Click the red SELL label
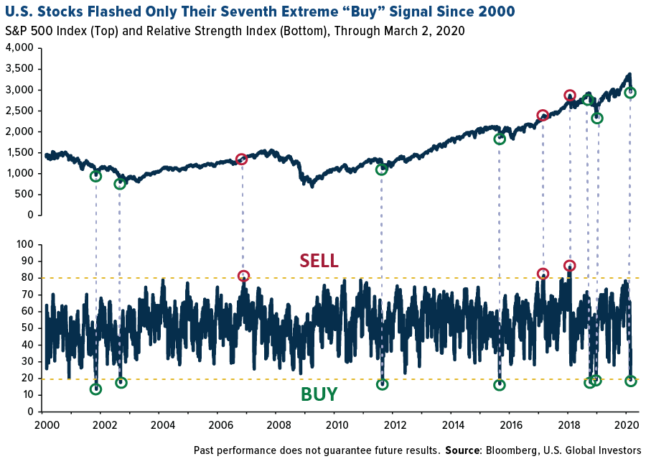[x=319, y=261]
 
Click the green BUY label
[x=319, y=394]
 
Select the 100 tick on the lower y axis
[x=24, y=245]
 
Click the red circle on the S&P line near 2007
[x=242, y=159]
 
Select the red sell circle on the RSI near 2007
[x=243, y=276]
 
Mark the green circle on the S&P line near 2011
[x=381, y=169]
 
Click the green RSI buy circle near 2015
[x=499, y=385]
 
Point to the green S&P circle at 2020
[x=630, y=93]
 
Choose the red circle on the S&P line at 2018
[x=569, y=96]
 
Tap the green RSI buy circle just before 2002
[x=95, y=389]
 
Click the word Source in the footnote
[x=464, y=450]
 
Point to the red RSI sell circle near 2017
[x=543, y=274]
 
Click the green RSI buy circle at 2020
[x=630, y=381]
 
